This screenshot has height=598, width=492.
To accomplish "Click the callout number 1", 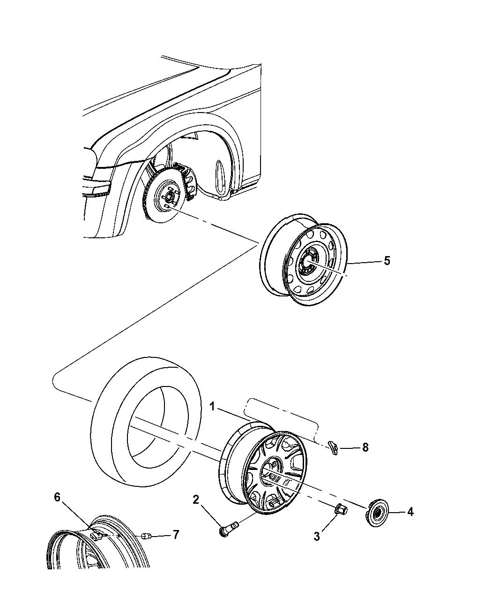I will click(x=212, y=407).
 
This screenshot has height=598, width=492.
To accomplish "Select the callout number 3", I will click(x=317, y=537).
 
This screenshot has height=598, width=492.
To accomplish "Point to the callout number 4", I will click(x=410, y=512).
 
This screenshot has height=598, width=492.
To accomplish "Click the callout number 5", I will click(x=386, y=261).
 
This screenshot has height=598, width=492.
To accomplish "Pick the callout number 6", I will click(x=57, y=497).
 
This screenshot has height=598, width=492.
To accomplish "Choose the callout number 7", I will click(x=175, y=534).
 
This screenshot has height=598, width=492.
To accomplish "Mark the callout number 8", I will click(x=365, y=448).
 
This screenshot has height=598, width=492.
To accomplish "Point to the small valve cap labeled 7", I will click(x=145, y=535).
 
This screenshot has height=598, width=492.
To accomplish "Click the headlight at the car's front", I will click(x=99, y=189).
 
